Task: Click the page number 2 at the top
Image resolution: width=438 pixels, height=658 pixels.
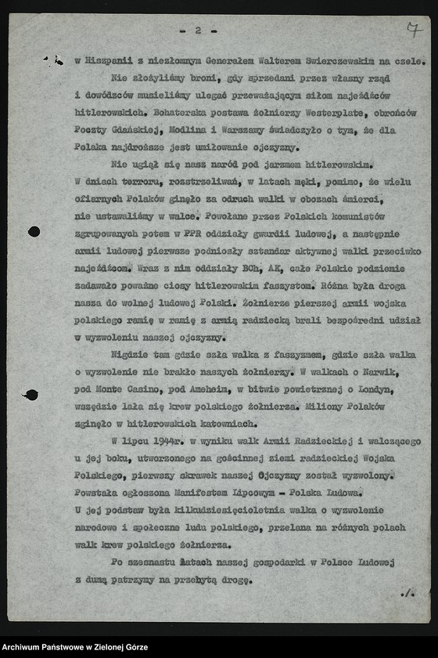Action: pos(198,31)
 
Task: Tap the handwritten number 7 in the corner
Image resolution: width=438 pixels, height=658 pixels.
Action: pos(412,31)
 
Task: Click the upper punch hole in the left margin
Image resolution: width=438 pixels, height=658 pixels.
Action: pos(34,231)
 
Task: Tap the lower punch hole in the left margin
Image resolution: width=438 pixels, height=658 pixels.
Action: pos(31,395)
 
